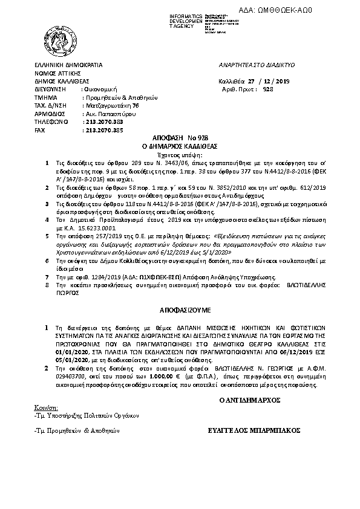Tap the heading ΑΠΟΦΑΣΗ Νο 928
(179, 138)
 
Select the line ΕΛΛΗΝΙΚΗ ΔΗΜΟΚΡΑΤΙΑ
(68, 63)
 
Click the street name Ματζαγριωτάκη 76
(108, 105)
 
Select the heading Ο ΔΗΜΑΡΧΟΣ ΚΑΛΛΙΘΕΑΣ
(179, 146)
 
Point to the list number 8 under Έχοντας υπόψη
(47, 282)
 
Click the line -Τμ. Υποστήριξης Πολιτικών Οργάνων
(87, 415)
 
